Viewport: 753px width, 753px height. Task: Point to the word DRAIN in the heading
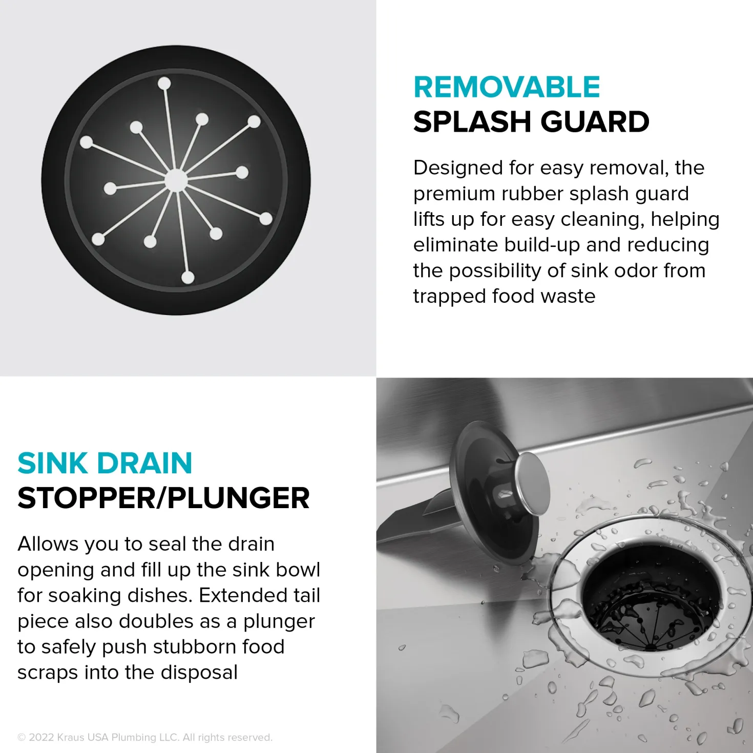(144, 463)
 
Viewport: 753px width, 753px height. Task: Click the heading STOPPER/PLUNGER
(163, 498)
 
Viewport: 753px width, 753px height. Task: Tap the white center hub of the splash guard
(176, 180)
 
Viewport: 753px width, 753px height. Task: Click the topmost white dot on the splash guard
(164, 83)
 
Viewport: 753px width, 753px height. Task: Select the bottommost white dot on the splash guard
(187, 277)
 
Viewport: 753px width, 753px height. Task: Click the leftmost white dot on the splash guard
(87, 142)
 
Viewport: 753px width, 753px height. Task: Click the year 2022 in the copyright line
(41, 737)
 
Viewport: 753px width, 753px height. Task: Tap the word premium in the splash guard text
(454, 194)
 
